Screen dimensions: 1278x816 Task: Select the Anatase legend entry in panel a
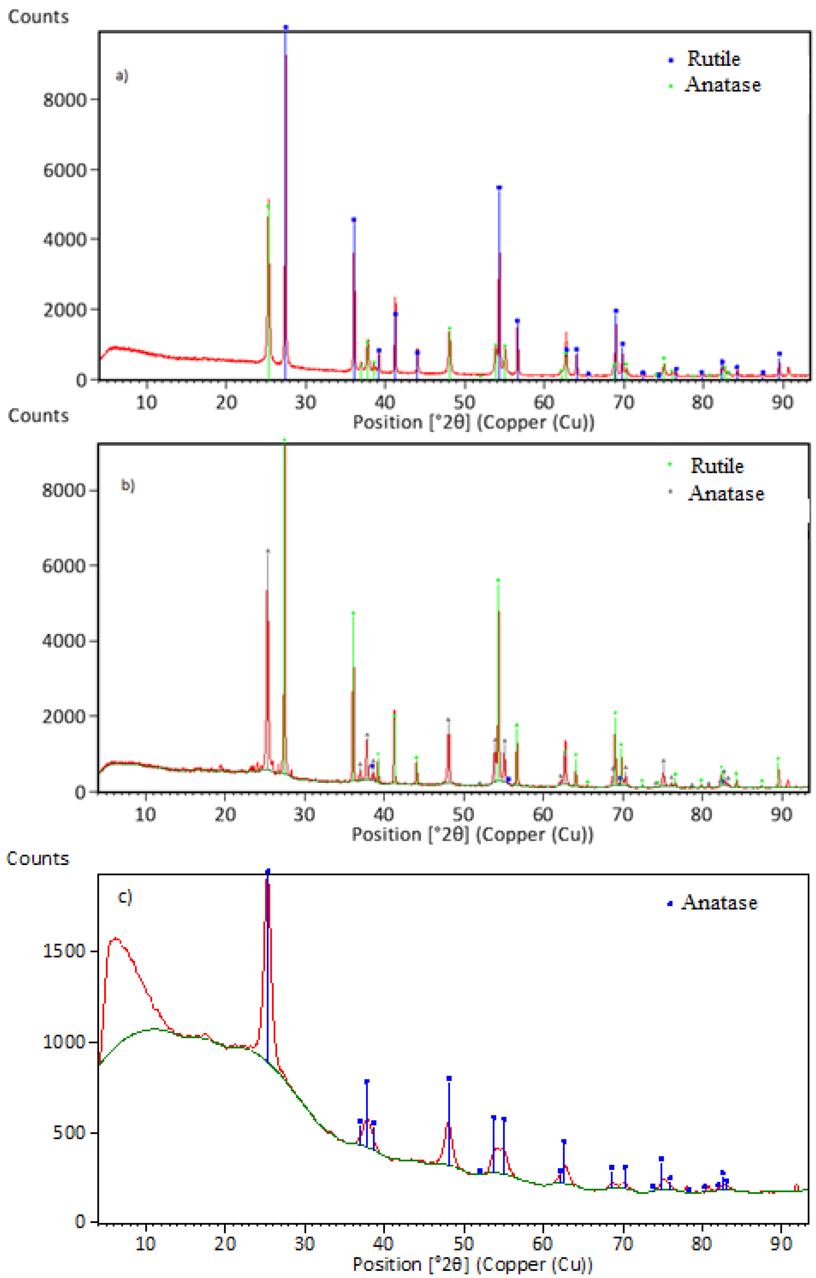pyautogui.click(x=722, y=85)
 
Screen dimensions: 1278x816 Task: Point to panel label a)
pyautogui.click(x=122, y=76)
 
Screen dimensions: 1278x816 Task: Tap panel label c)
pyautogui.click(x=125, y=897)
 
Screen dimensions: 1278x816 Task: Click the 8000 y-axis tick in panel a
pyautogui.click(x=64, y=100)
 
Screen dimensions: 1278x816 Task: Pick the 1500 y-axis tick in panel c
pyautogui.click(x=64, y=950)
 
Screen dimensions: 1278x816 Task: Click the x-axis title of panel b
pyautogui.click(x=473, y=834)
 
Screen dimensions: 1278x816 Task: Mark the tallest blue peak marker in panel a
pyautogui.click(x=286, y=27)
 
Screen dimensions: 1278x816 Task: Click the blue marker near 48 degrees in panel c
pyautogui.click(x=449, y=1078)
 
